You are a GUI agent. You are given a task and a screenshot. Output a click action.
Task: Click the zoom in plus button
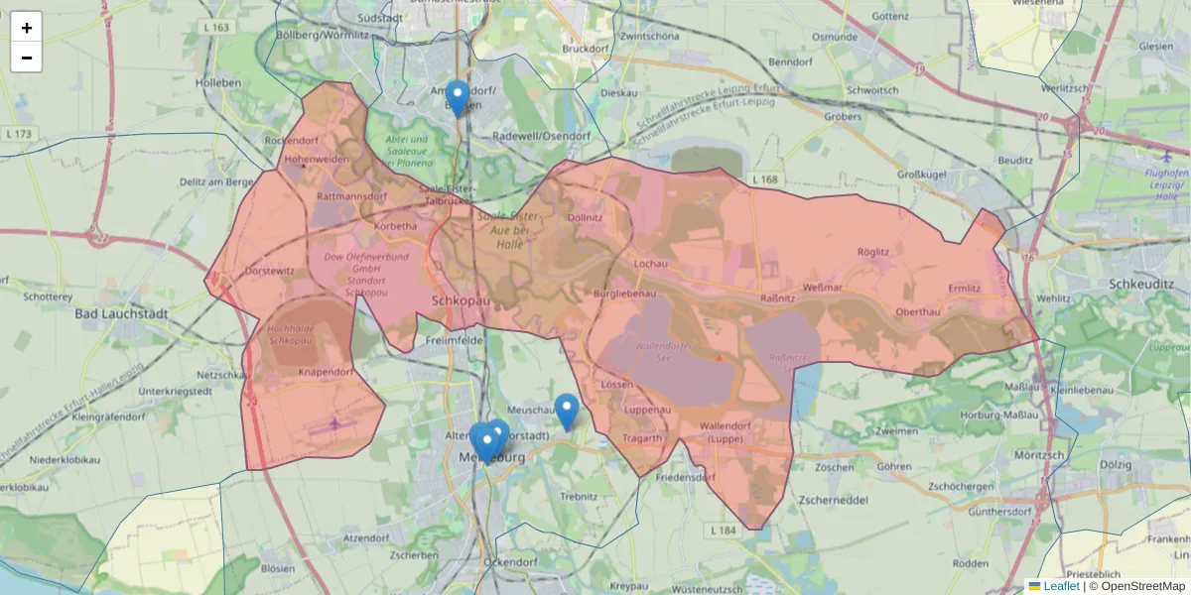[x=26, y=28]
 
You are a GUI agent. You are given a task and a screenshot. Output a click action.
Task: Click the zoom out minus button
[x=26, y=58]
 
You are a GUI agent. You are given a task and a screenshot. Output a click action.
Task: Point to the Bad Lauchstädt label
[x=121, y=313]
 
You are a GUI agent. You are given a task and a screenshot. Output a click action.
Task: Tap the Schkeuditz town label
[x=1137, y=283]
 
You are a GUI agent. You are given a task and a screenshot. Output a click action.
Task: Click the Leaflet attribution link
[x=1060, y=586]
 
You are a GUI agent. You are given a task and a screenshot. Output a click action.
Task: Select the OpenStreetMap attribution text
[x=1136, y=586]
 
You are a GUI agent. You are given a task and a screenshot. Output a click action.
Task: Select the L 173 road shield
[x=19, y=134]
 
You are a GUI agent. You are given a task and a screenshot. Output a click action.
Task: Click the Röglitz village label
[x=872, y=252]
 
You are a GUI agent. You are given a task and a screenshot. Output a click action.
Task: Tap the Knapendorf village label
[x=326, y=372]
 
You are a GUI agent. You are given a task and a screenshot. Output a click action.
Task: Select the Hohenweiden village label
[x=317, y=159]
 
